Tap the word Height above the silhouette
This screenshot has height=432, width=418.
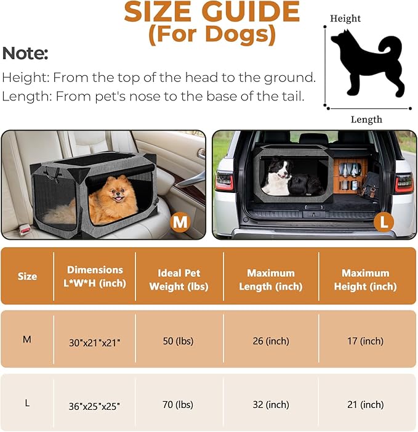coord(345,18)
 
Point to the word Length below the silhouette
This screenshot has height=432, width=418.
coord(366,120)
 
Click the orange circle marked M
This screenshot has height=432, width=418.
coord(180,221)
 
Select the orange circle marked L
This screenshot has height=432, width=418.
coord(385,222)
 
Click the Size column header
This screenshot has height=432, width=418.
coord(27,277)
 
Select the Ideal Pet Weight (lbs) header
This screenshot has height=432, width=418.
coord(179,279)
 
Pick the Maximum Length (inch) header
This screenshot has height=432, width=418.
coord(271,279)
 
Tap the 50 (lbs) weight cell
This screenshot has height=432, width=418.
coord(179,341)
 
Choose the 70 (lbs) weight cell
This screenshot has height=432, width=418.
coord(179,405)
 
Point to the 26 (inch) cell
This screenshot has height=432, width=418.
coord(271,341)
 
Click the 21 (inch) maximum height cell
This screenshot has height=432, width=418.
coord(368,405)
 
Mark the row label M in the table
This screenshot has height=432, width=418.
coord(27,339)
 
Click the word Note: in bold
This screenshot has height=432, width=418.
coord(25,53)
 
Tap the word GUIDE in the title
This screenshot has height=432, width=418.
coord(252,12)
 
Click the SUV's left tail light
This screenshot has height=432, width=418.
coord(225,181)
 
